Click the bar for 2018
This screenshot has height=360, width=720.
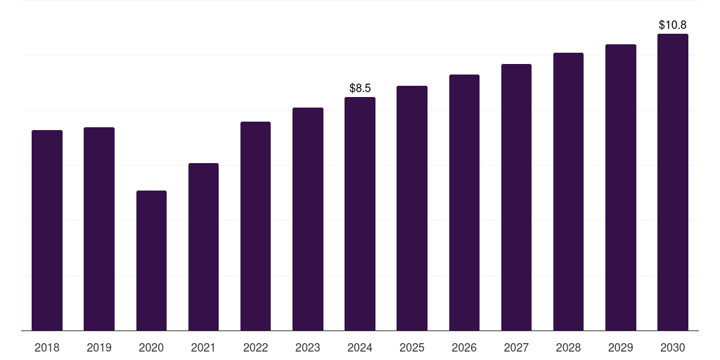coord(47,230)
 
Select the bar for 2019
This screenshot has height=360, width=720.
coord(99,229)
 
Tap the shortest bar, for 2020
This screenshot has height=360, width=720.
coord(151,260)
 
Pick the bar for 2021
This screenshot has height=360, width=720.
coord(203,247)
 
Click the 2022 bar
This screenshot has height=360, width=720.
coord(255,226)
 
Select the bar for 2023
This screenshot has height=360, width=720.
coord(308,219)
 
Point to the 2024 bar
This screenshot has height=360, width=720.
coord(360,214)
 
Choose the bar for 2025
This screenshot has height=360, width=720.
coord(412,208)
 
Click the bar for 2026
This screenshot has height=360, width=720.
coord(464,202)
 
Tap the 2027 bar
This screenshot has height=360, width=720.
coord(516,197)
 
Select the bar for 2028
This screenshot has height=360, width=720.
coord(568,191)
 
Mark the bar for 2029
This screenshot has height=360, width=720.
coord(621,187)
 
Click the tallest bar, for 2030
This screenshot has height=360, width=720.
coord(673,182)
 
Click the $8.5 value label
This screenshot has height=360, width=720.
coord(360,88)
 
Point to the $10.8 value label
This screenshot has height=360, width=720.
coord(673,25)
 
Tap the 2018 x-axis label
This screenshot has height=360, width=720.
coord(47,347)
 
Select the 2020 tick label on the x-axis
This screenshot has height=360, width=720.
coord(151,347)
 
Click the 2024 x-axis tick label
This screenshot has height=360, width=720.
coord(360,347)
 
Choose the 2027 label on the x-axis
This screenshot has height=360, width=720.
coord(516,347)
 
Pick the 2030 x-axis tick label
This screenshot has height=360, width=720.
coord(673,347)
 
